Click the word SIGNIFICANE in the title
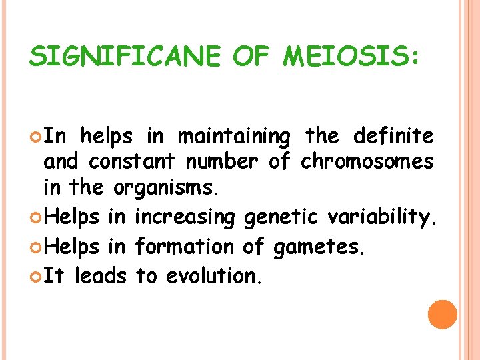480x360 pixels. coord(125,58)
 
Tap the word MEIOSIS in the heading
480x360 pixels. coord(351,58)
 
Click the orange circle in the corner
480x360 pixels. coord(443,315)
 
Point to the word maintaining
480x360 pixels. coord(234,137)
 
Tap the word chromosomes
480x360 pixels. coord(367,162)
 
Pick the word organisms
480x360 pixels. coord(166,187)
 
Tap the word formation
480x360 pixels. coord(184,246)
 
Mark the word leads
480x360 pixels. coord(101,275)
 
